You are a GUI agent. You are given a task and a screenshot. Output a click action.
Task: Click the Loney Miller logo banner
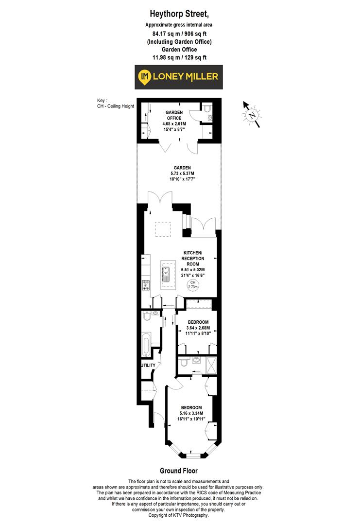(x=178, y=77)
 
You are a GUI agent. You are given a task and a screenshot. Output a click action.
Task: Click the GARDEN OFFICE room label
(x=173, y=115)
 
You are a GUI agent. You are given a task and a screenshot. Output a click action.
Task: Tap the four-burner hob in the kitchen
(x=145, y=285)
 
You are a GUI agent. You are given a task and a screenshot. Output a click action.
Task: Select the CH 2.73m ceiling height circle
(x=193, y=285)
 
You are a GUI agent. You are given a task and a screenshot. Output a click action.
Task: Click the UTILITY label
(x=148, y=365)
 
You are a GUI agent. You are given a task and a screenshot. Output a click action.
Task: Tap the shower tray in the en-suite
(x=212, y=365)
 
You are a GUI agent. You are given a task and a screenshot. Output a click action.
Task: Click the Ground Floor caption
(x=179, y=471)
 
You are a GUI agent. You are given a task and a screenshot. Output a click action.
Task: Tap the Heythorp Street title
(x=178, y=16)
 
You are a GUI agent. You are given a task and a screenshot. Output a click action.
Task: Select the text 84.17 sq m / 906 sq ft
(x=178, y=34)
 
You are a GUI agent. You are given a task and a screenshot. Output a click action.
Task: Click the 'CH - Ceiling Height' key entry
(x=115, y=106)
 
